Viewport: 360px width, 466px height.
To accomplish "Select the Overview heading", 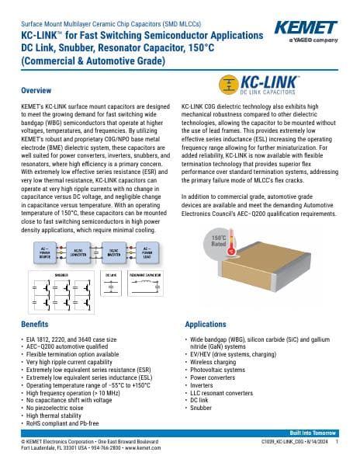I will tap(36, 91).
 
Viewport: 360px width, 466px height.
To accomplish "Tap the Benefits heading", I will tap(34, 322).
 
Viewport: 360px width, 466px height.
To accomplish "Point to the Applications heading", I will tap(205, 322).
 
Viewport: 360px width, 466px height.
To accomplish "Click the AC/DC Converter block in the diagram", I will tap(78, 252).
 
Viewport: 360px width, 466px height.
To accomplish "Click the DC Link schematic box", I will tap(116, 288).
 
